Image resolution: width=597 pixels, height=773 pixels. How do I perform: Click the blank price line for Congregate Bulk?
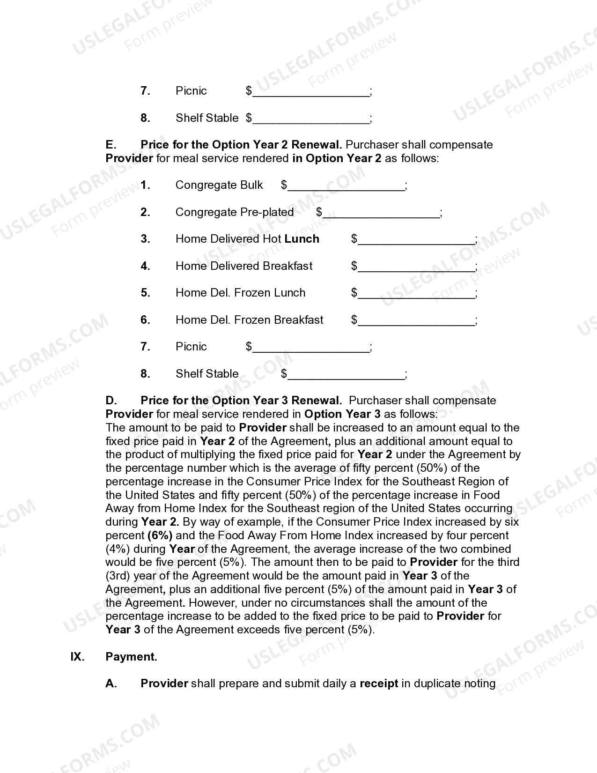pos(346,186)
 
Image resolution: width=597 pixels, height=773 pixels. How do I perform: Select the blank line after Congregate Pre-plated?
pos(382,213)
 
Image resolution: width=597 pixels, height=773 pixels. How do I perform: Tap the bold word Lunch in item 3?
pos(302,239)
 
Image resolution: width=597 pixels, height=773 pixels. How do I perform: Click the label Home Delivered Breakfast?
pos(243,266)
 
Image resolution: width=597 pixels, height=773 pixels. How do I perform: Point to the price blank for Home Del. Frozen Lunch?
pos(416,294)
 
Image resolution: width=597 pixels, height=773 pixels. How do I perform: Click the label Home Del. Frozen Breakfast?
pos(249,320)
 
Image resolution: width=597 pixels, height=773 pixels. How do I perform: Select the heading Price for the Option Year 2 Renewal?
pos(241,145)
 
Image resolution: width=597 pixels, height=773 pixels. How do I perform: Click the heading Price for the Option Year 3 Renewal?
pos(241,401)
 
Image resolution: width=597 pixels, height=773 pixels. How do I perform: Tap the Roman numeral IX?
pos(77,657)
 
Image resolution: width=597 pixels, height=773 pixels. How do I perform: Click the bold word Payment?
pos(131,657)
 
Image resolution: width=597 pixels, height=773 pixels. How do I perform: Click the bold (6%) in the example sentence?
pos(160,535)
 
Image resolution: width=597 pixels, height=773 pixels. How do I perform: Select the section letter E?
pos(111,145)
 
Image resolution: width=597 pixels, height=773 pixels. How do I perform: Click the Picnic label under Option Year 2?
pos(191,347)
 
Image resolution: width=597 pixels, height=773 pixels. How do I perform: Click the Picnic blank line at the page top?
pos(311,92)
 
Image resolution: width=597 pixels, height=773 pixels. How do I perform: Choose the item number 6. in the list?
pos(145,320)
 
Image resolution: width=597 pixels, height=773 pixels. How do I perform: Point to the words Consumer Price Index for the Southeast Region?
pos(377,482)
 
